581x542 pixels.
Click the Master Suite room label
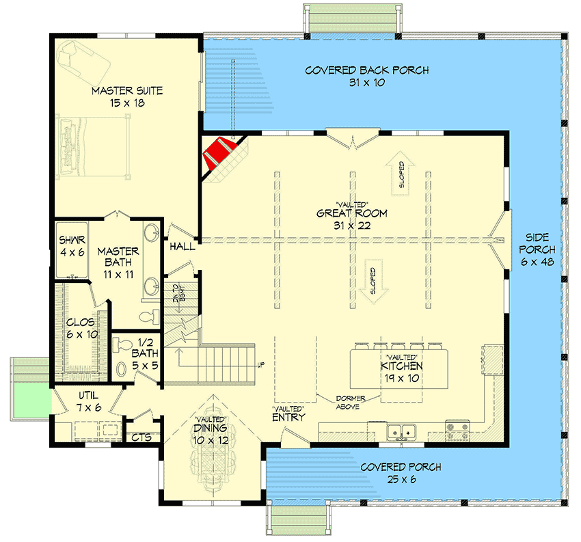(128, 96)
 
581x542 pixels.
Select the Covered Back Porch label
(366, 76)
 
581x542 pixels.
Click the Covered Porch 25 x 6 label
(401, 473)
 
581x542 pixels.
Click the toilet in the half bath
(122, 368)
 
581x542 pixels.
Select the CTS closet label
(141, 437)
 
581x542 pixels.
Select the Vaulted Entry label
(288, 413)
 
